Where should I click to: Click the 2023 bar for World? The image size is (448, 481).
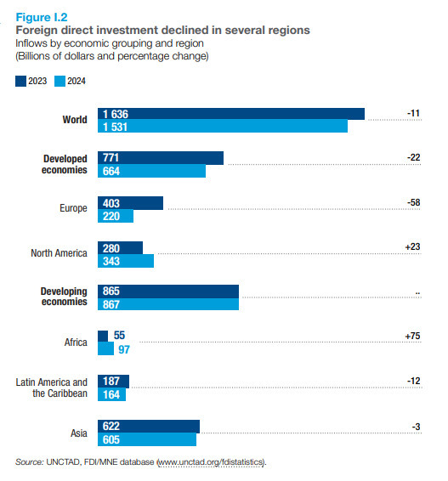click(x=231, y=114)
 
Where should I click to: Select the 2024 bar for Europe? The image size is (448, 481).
click(x=116, y=216)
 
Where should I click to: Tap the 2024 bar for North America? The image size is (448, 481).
click(x=126, y=261)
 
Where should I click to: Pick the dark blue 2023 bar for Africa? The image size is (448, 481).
click(x=103, y=336)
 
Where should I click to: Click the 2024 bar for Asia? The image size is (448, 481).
click(x=147, y=439)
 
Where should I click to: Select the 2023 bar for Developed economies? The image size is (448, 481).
click(x=161, y=158)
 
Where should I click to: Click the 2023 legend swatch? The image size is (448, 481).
click(x=20, y=82)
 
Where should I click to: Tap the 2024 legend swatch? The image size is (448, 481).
click(x=60, y=82)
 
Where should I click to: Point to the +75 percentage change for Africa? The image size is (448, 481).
click(x=412, y=336)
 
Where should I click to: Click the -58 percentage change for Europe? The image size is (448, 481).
click(x=413, y=202)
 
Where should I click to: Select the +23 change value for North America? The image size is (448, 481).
click(x=412, y=246)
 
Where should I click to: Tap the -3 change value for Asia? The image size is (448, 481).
click(x=416, y=427)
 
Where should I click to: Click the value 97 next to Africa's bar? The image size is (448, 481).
click(x=124, y=349)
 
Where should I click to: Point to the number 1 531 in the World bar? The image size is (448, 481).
click(x=115, y=127)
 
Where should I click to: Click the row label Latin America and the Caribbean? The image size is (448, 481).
click(x=52, y=388)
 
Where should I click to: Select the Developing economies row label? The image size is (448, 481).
click(x=64, y=297)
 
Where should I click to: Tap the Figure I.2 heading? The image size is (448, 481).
click(x=42, y=17)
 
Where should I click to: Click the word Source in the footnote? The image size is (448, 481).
click(x=30, y=462)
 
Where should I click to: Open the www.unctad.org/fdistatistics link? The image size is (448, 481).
click(x=211, y=462)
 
